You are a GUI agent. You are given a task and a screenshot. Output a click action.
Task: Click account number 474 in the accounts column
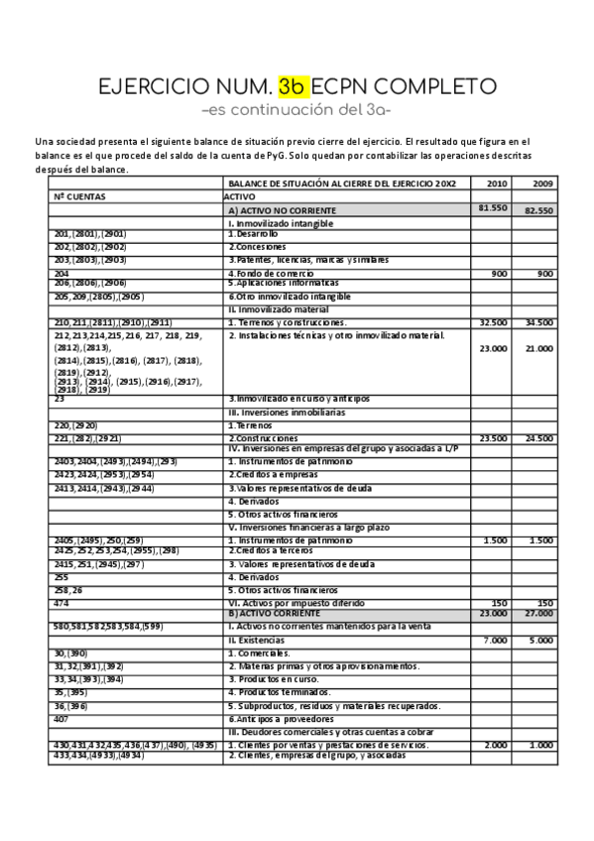tap(61, 602)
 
